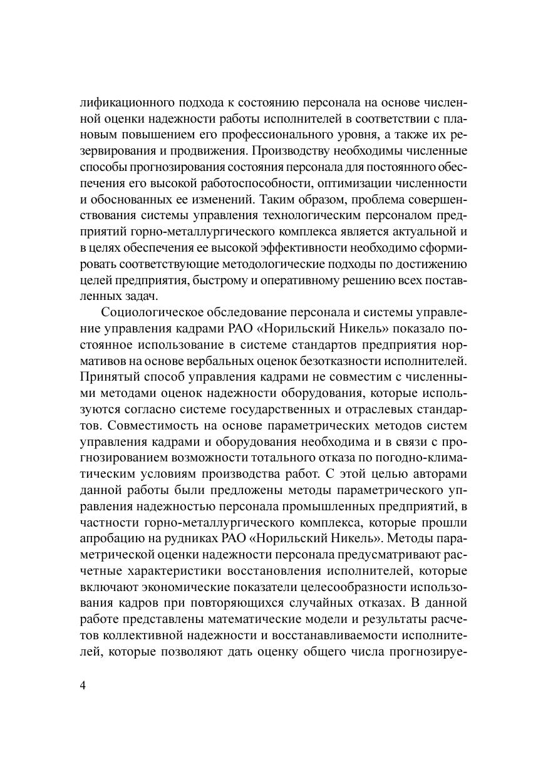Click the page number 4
pyautogui.click(x=83, y=684)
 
